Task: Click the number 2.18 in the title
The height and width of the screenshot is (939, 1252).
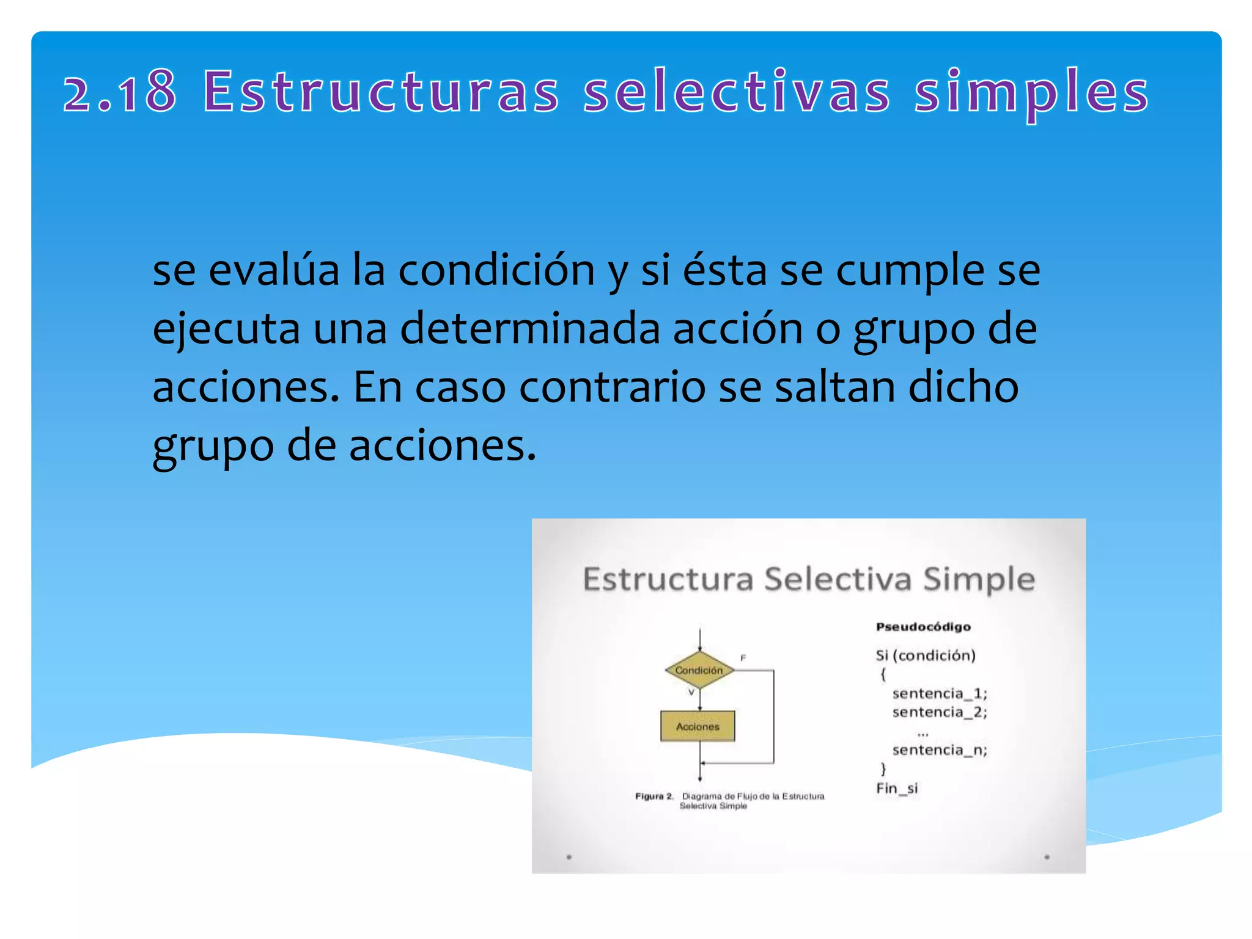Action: point(120,92)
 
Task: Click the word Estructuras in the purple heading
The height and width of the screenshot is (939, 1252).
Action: point(381,92)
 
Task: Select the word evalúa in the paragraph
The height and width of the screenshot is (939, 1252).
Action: point(274,271)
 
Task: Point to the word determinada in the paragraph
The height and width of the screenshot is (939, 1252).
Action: point(530,329)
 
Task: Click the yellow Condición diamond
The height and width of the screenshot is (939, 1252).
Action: point(699,670)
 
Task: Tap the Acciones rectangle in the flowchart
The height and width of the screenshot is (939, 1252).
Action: point(698,726)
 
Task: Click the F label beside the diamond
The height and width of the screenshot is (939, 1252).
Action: point(743,658)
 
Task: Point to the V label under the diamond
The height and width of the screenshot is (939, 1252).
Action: point(691,693)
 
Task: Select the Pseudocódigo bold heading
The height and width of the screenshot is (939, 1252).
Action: point(923,627)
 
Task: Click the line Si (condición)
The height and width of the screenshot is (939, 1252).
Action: point(926,655)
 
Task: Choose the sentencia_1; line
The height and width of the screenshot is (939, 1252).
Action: point(940,693)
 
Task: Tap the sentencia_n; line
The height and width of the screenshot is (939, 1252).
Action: point(940,749)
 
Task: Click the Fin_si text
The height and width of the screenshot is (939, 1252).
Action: point(897,788)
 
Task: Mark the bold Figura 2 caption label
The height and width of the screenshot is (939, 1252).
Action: point(654,796)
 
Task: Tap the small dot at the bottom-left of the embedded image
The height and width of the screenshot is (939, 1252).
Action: point(569,857)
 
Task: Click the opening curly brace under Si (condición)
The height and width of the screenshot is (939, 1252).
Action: point(883,674)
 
